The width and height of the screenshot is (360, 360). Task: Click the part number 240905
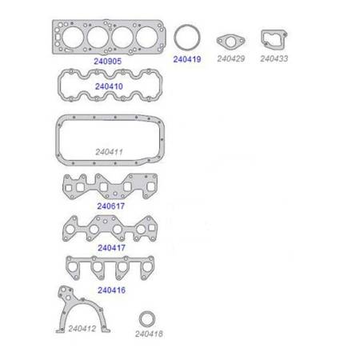point(107,61)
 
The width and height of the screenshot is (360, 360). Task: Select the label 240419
point(187,59)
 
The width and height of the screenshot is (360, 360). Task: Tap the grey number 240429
point(231,58)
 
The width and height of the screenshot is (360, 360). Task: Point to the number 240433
point(274,58)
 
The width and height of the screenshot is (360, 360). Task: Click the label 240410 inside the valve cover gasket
point(109,86)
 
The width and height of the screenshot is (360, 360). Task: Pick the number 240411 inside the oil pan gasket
point(109,152)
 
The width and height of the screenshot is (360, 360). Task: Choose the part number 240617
point(110,206)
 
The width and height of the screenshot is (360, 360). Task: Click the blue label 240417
point(111,248)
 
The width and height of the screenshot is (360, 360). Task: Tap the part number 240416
point(111,290)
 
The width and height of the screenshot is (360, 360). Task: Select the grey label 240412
point(82,329)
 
